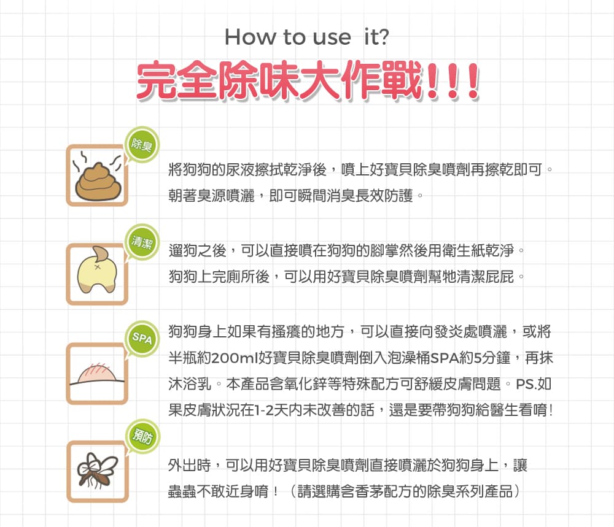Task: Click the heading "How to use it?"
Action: pos(306,37)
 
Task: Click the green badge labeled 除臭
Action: pos(142,145)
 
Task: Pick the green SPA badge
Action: pos(142,339)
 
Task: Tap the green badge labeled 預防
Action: pos(142,436)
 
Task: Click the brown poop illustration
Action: pos(98,180)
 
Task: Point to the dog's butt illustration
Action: pos(97,270)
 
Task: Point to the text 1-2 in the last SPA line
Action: pos(263,410)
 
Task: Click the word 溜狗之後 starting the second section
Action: pos(198,250)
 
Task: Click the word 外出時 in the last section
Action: pos(190,465)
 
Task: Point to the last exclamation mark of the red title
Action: pos(473,81)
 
